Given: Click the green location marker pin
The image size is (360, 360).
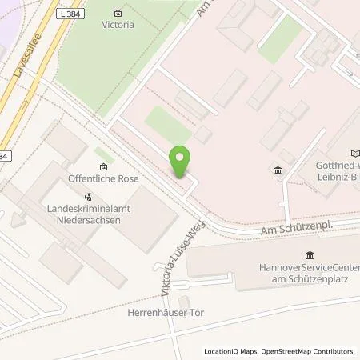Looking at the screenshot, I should (x=181, y=162).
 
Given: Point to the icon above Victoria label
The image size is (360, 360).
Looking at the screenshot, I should (x=118, y=13).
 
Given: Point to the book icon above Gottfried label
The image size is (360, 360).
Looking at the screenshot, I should (x=355, y=154).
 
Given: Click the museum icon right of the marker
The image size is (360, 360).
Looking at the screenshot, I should (x=278, y=170).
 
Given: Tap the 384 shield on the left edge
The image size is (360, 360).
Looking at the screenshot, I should (x=5, y=156).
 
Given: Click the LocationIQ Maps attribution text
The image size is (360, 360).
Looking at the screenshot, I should (x=231, y=351).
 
